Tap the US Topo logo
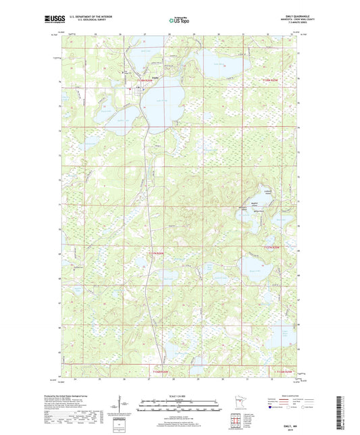(x=178, y=21)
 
